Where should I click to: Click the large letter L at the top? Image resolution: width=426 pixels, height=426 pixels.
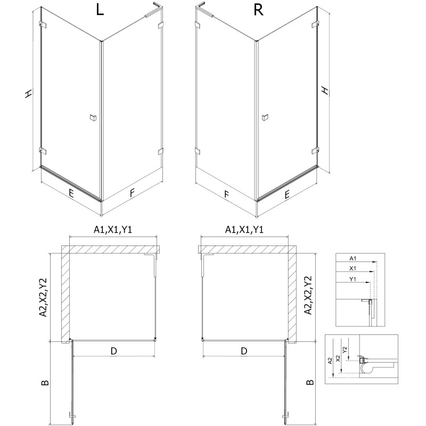pos(100,12)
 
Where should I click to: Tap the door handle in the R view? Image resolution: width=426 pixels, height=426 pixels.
pos(265,118)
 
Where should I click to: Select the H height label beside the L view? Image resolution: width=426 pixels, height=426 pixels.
pos(28,94)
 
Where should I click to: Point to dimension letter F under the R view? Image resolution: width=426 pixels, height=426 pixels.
pos(226,195)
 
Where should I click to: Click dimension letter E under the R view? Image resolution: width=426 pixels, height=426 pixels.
pos(288,195)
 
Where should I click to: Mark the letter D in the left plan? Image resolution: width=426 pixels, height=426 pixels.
pos(113,351)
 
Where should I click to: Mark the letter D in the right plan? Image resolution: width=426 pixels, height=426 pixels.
pos(244,351)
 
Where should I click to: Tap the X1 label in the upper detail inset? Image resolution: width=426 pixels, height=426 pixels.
pos(353,269)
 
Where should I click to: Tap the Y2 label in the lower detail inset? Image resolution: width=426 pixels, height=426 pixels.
pos(345,350)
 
